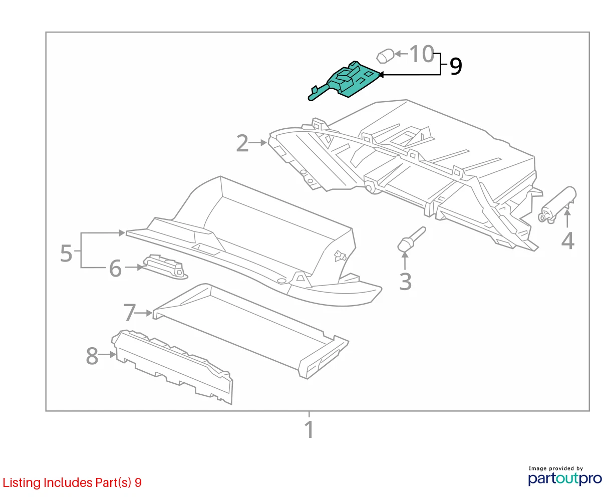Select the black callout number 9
[456, 66]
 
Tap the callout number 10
[421, 54]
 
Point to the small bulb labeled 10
[385, 56]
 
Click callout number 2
[242, 143]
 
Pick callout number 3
[405, 282]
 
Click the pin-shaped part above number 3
[411, 238]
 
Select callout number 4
[567, 240]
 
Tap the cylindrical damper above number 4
[557, 204]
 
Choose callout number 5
[66, 253]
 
